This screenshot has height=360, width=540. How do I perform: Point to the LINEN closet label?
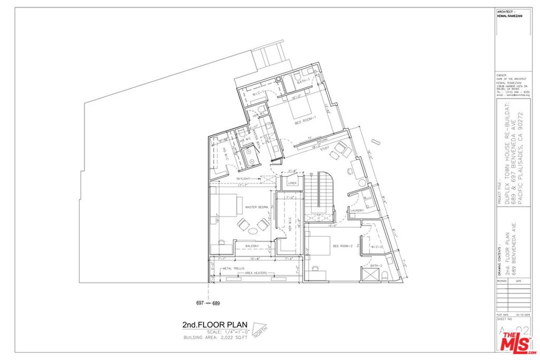pos(293,183)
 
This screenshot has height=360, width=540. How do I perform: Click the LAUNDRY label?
pos(357,211)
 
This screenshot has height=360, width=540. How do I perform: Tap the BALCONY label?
pos(252,246)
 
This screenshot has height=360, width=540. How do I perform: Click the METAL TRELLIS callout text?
pos(233,268)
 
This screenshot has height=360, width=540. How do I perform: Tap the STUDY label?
pos(324,148)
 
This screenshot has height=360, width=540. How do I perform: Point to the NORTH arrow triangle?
pos(259,331)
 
